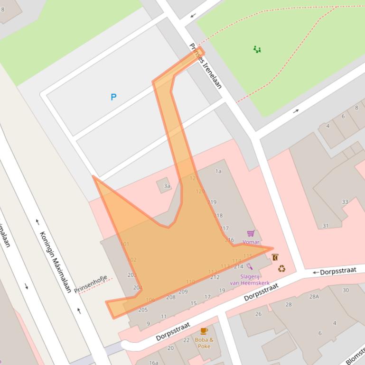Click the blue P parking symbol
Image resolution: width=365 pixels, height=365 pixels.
pos(113,97)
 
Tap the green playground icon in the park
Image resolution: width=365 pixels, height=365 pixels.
pos(257,49)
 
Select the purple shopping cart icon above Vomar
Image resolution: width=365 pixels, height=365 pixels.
pos(251,233)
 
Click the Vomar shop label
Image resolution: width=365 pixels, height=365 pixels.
pos(251,242)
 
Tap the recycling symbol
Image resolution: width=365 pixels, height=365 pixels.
pos(281,269)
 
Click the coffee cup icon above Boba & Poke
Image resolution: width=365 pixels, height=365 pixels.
pos(204,331)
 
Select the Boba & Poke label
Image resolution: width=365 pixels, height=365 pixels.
pos(204,343)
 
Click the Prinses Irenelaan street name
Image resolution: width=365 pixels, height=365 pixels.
pos(206,66)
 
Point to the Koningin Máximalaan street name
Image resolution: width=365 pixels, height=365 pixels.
pos(55,262)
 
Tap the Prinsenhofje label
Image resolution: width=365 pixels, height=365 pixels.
pos(90,283)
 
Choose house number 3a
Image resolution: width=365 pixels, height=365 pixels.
pos(167,186)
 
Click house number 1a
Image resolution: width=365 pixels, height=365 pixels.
pos(218,171)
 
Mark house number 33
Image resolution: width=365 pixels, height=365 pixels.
pos(345,202)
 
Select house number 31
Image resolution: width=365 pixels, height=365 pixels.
pos(325,226)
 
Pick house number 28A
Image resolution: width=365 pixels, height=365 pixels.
pos(314,296)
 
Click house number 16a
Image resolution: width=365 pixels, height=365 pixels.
pos(153,362)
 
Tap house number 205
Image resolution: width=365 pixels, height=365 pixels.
pos(143,310)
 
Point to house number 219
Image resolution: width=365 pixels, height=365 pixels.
pos(212,202)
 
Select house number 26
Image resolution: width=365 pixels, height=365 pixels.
pos(258,314)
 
